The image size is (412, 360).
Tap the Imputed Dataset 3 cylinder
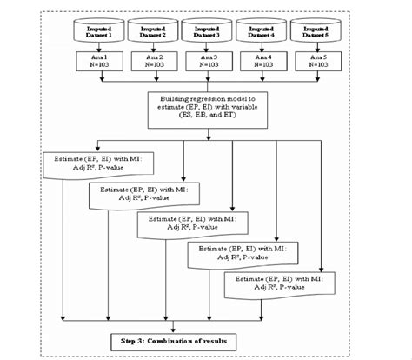point(206,31)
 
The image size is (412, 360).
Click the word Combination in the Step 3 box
point(196,338)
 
